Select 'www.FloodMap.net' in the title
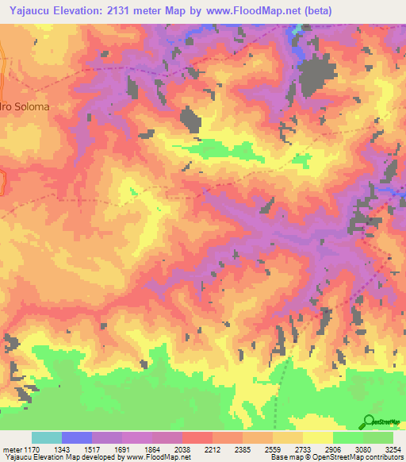(251, 10)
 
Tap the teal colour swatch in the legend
(47, 437)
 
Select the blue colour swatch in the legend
(77, 437)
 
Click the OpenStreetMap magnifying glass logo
(370, 421)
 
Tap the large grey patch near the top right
(318, 77)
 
